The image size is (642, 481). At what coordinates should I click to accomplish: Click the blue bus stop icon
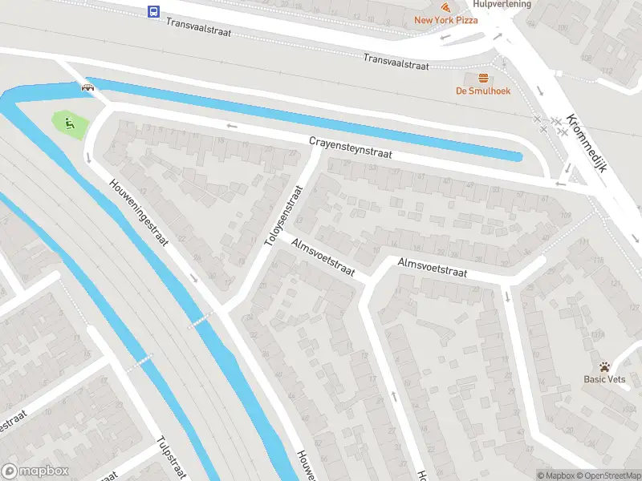coord(152,11)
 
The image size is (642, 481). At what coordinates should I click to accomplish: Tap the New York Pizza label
coord(445,20)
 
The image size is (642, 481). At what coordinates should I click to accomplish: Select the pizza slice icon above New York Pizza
coord(445,7)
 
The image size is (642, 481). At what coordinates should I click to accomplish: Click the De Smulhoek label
coord(483,91)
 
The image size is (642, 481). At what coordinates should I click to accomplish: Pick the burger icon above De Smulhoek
coord(483,78)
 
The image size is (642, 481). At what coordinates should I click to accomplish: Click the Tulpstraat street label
coord(173,454)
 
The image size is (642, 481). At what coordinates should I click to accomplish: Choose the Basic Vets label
coord(605,379)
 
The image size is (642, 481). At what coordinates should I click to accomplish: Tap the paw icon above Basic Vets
coord(605,366)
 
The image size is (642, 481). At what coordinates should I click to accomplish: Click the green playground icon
coord(69,123)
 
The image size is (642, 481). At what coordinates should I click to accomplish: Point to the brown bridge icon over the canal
coord(86,87)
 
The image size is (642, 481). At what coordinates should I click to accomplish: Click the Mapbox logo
coord(35,471)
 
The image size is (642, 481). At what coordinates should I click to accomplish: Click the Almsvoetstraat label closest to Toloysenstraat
coord(323,257)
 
